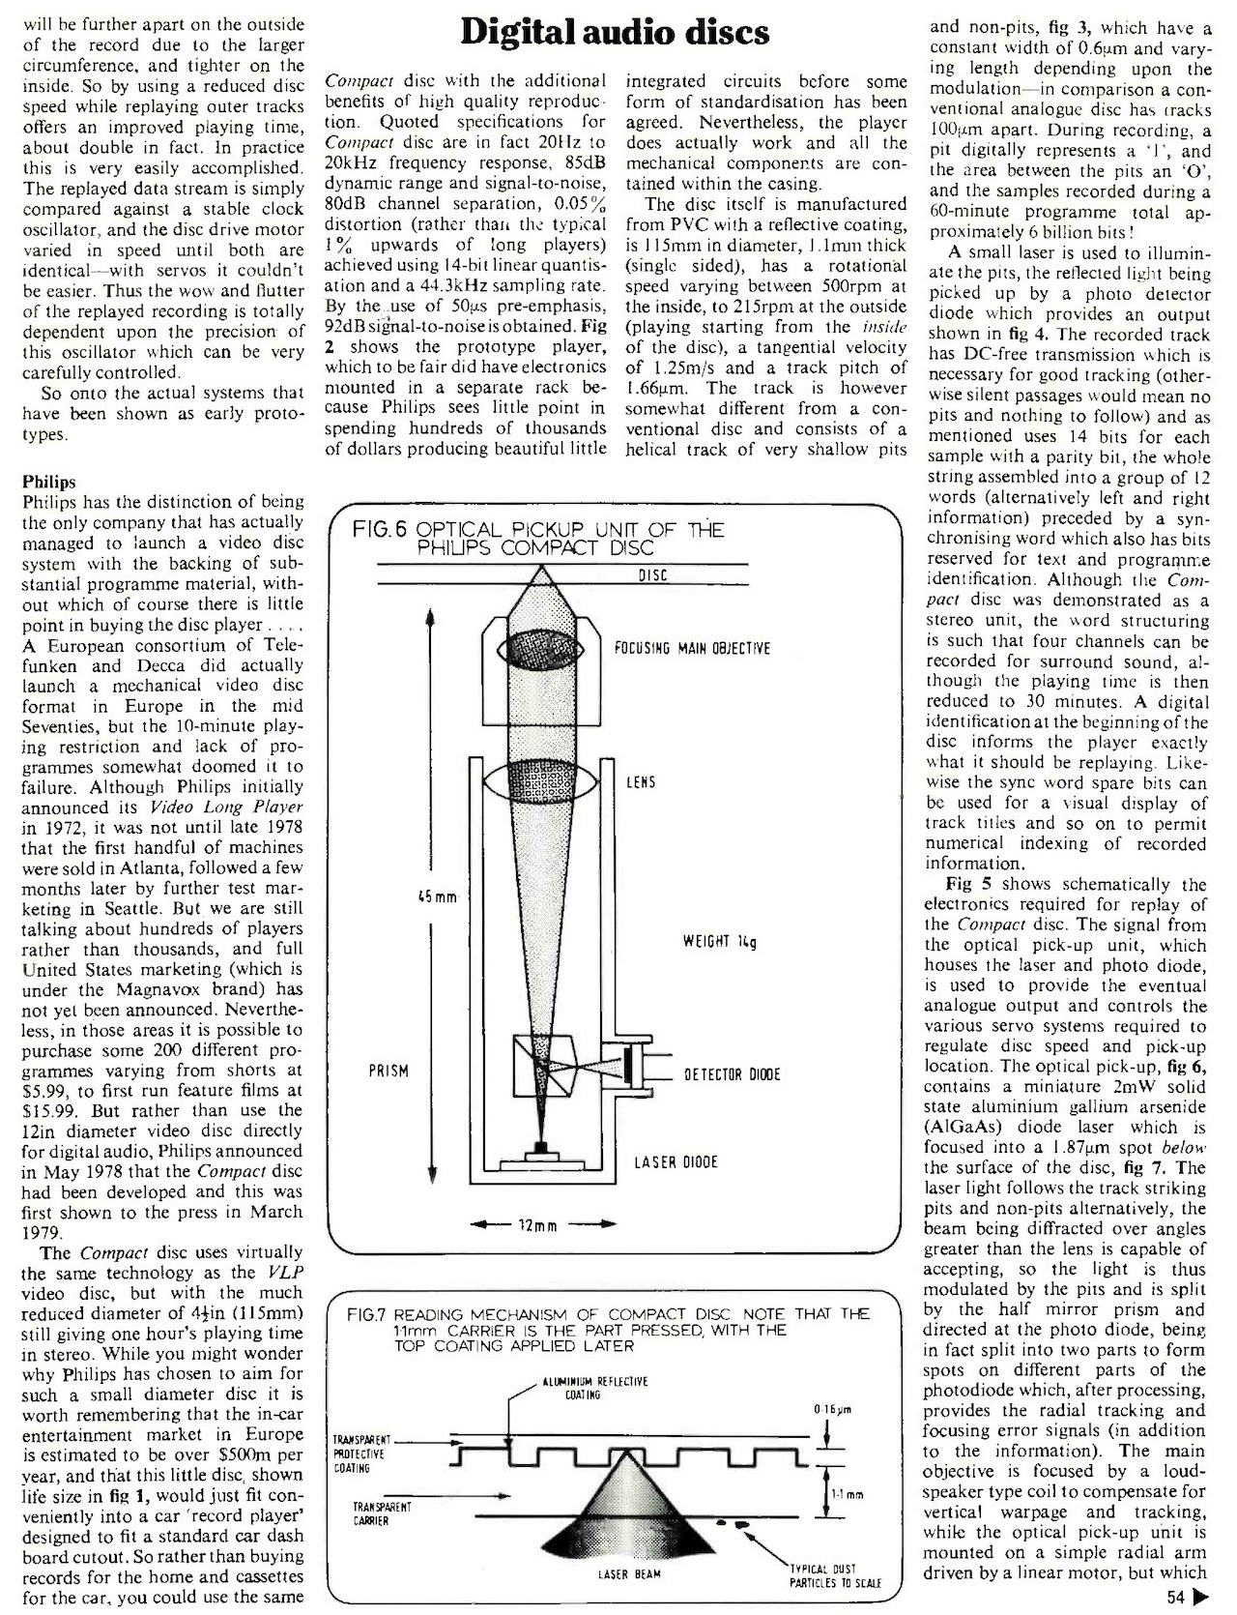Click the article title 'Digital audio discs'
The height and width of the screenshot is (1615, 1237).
616,34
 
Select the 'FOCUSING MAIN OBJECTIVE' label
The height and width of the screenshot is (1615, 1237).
693,648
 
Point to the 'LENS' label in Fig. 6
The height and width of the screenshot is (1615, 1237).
641,781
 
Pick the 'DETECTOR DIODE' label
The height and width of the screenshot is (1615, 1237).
732,1074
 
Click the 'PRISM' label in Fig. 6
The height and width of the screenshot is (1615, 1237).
388,1071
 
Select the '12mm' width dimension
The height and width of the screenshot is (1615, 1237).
540,1227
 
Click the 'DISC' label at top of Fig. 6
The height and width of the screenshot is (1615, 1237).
654,576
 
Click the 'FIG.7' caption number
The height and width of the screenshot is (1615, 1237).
366,1314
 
